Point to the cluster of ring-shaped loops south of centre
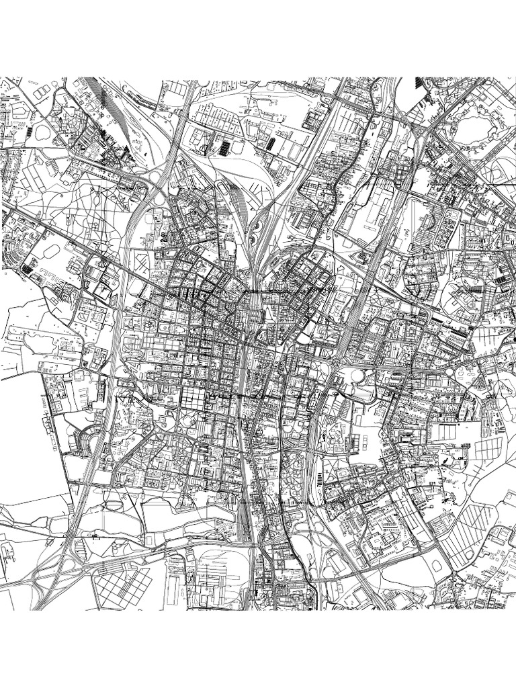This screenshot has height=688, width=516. click(296, 470)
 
